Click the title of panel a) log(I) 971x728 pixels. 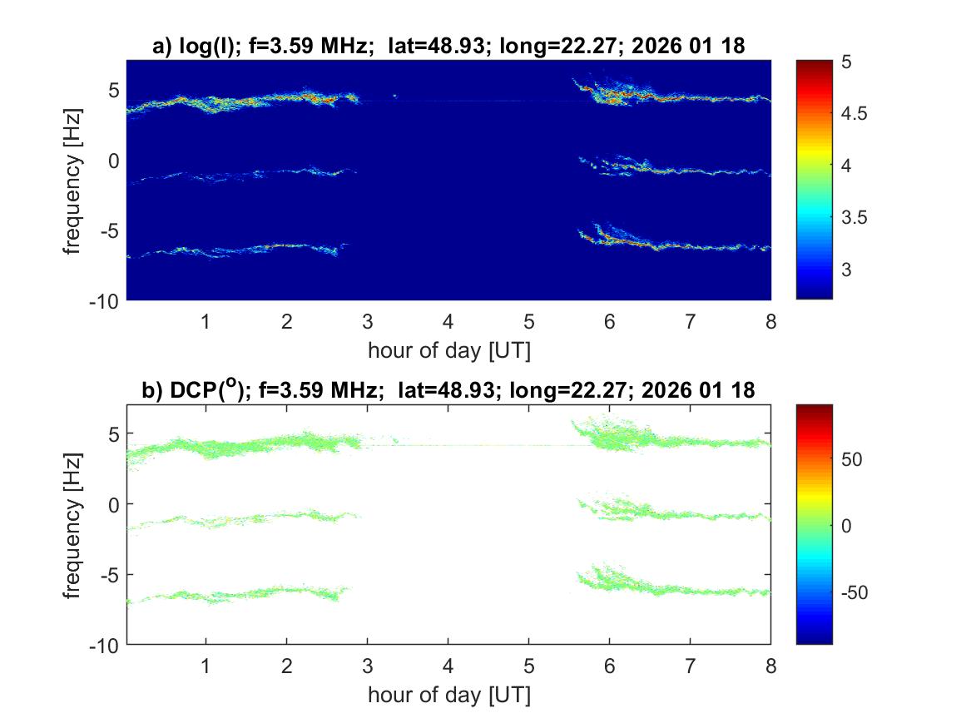[448, 47]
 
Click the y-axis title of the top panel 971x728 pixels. [74, 180]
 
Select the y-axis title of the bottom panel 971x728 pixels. [74, 524]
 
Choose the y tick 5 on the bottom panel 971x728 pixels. [115, 433]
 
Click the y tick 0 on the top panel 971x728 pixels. [115, 160]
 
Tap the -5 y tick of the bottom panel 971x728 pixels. [111, 574]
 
